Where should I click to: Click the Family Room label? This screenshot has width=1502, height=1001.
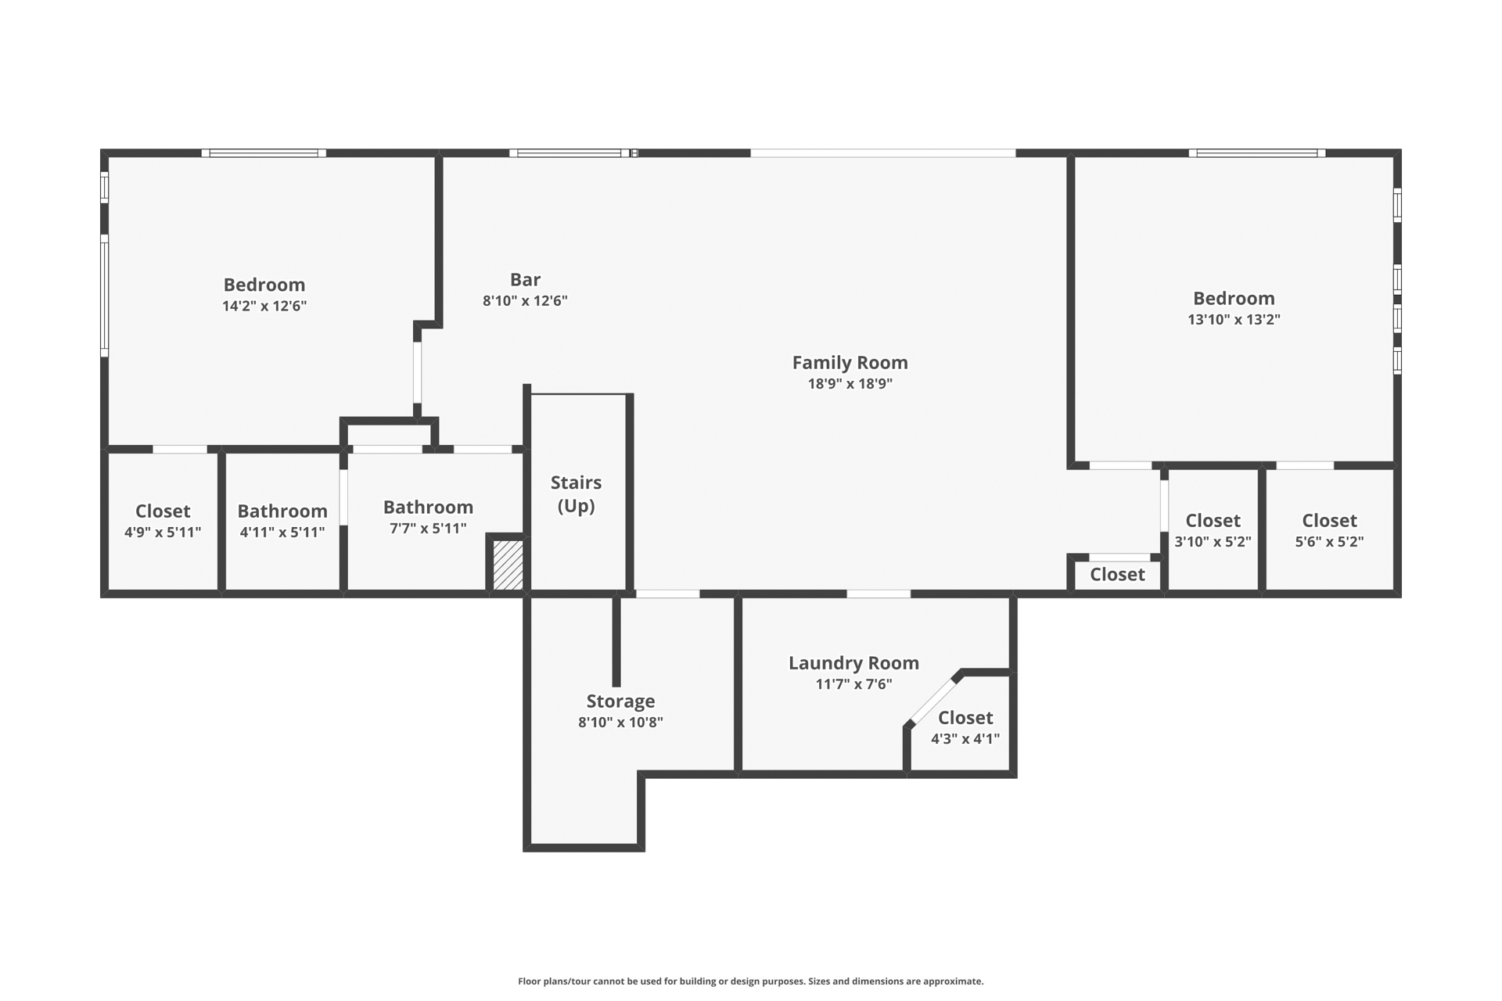pyautogui.click(x=850, y=363)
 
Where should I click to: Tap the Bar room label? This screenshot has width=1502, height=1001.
pyautogui.click(x=525, y=280)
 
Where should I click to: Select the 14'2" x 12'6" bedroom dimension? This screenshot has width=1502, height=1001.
pyautogui.click(x=264, y=306)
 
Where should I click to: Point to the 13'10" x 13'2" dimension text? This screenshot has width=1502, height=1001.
pyautogui.click(x=1234, y=319)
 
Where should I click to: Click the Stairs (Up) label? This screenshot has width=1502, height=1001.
pyautogui.click(x=576, y=494)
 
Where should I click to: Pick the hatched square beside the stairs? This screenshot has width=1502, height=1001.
pyautogui.click(x=508, y=565)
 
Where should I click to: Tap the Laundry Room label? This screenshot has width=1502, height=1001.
pyautogui.click(x=853, y=663)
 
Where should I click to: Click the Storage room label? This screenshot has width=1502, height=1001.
pyautogui.click(x=620, y=701)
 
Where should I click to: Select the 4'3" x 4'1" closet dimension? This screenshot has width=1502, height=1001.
pyautogui.click(x=965, y=739)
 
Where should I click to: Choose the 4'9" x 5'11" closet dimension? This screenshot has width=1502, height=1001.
pyautogui.click(x=163, y=533)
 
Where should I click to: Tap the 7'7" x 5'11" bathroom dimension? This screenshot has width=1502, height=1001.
pyautogui.click(x=428, y=529)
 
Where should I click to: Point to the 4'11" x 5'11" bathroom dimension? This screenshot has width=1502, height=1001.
pyautogui.click(x=282, y=533)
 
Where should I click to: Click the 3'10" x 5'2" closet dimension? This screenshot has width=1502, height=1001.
pyautogui.click(x=1213, y=542)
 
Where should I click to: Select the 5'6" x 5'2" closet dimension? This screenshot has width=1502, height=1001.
pyautogui.click(x=1329, y=542)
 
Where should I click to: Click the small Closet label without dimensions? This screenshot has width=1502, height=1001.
pyautogui.click(x=1117, y=575)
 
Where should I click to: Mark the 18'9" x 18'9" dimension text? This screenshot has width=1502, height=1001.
pyautogui.click(x=850, y=384)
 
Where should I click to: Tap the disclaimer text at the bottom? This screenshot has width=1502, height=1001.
pyautogui.click(x=750, y=981)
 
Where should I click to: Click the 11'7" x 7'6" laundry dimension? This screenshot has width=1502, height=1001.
pyautogui.click(x=853, y=684)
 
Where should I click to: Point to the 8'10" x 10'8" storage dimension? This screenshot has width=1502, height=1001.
pyautogui.click(x=620, y=723)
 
